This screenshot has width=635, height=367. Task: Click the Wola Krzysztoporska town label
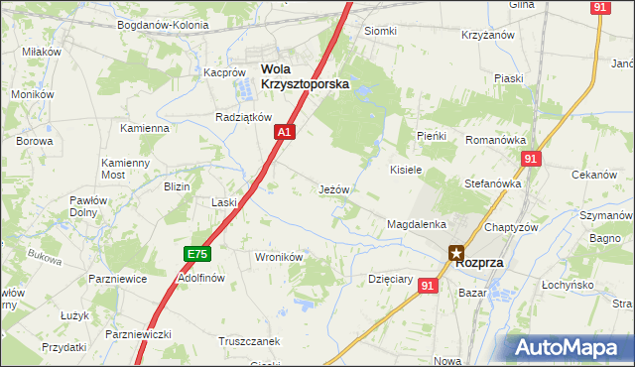[305, 76]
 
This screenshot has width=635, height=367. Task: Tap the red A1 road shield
[285, 131]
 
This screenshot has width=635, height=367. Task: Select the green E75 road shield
[197, 255]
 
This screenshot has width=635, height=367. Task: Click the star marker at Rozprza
[456, 253]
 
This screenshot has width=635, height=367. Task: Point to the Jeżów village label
[333, 188]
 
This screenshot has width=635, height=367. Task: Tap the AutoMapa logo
[570, 348]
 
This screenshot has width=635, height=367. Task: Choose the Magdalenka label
[417, 225]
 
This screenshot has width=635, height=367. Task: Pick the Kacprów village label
[224, 72]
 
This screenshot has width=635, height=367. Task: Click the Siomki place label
[380, 31]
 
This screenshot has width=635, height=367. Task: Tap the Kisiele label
[407, 170]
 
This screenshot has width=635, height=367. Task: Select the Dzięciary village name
[390, 279]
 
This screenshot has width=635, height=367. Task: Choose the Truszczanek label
[249, 340]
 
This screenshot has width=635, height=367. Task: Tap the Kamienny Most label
[125, 168]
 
